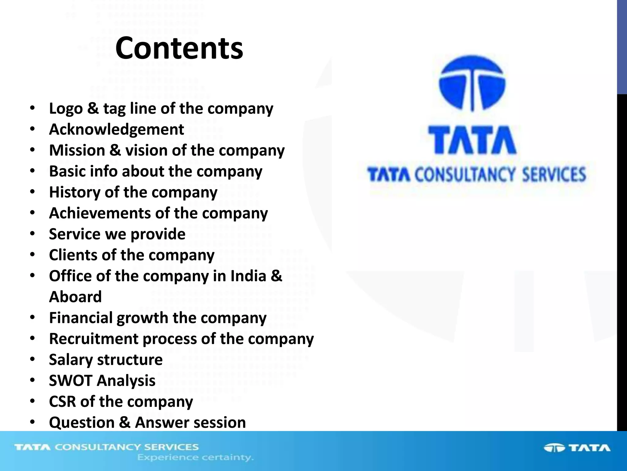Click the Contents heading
(x=179, y=48)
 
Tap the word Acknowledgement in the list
(x=116, y=129)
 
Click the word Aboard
(x=75, y=297)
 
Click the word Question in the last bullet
(x=81, y=423)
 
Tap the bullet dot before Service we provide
(x=32, y=234)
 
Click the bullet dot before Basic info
(x=32, y=171)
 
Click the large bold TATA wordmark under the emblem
(x=472, y=140)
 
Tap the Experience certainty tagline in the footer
(x=195, y=458)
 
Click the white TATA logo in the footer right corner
(x=577, y=448)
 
